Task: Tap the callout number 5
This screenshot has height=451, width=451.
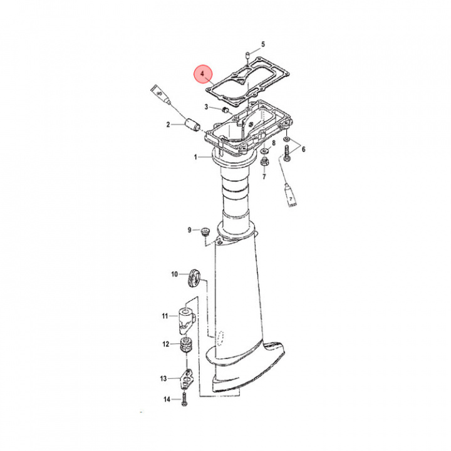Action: pyautogui.click(x=263, y=44)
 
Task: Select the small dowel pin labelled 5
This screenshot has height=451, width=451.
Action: pyautogui.click(x=248, y=53)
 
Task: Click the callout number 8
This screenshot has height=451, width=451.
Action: pyautogui.click(x=273, y=143)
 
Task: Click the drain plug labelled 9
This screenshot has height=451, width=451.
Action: pyautogui.click(x=204, y=232)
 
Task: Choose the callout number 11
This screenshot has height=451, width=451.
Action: pyautogui.click(x=165, y=316)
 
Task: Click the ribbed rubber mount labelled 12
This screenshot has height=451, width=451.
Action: pyautogui.click(x=185, y=345)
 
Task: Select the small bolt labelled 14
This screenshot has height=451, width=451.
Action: pyautogui.click(x=184, y=399)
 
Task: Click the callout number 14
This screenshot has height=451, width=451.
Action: pyautogui.click(x=167, y=399)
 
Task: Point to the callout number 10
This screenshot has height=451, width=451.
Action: pyautogui.click(x=175, y=274)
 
